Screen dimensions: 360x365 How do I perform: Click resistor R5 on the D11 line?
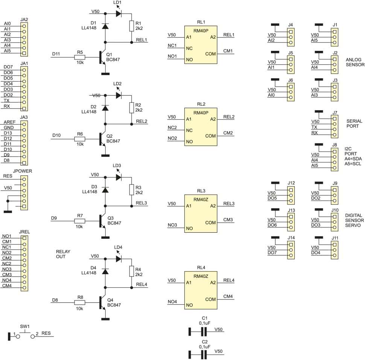click(x=79, y=58)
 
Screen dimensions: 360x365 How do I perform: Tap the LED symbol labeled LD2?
click(x=119, y=95)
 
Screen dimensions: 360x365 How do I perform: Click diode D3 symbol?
click(x=106, y=190)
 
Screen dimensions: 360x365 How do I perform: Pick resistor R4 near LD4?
click(x=132, y=272)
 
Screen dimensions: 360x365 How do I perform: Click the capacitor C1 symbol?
click(x=203, y=331)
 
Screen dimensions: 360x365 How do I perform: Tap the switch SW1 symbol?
click(x=25, y=334)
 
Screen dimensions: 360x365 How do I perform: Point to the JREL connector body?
click(x=24, y=263)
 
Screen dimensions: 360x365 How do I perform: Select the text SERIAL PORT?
click(x=354, y=124)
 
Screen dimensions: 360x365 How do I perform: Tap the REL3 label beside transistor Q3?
click(x=141, y=203)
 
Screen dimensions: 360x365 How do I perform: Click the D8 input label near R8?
click(x=55, y=300)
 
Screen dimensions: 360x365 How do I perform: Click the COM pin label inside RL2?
click(x=210, y=136)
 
